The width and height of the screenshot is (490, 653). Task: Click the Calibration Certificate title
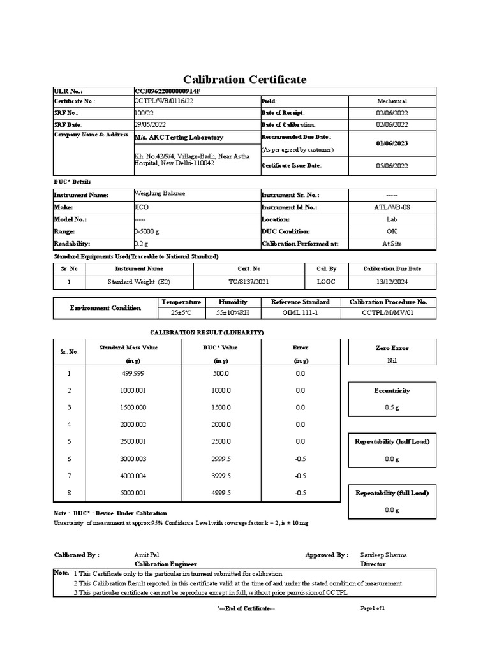pyautogui.click(x=244, y=80)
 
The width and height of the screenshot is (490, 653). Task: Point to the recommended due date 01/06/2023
pyautogui.click(x=392, y=143)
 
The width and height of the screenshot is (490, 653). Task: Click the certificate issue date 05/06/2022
pyautogui.click(x=392, y=166)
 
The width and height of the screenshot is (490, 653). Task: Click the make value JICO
pyautogui.click(x=140, y=207)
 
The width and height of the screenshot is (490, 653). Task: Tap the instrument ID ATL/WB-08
pyautogui.click(x=392, y=207)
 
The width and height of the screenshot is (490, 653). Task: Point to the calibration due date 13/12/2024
pyautogui.click(x=392, y=281)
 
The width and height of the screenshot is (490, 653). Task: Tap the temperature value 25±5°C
pyautogui.click(x=181, y=313)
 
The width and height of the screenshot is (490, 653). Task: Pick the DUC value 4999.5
pyautogui.click(x=221, y=493)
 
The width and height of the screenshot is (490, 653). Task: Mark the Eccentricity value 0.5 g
pyautogui.click(x=392, y=407)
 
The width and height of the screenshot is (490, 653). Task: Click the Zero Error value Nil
pyautogui.click(x=392, y=360)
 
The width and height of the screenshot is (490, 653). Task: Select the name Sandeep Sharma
pyautogui.click(x=383, y=555)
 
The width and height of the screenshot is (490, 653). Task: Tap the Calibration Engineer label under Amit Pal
pyautogui.click(x=166, y=564)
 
